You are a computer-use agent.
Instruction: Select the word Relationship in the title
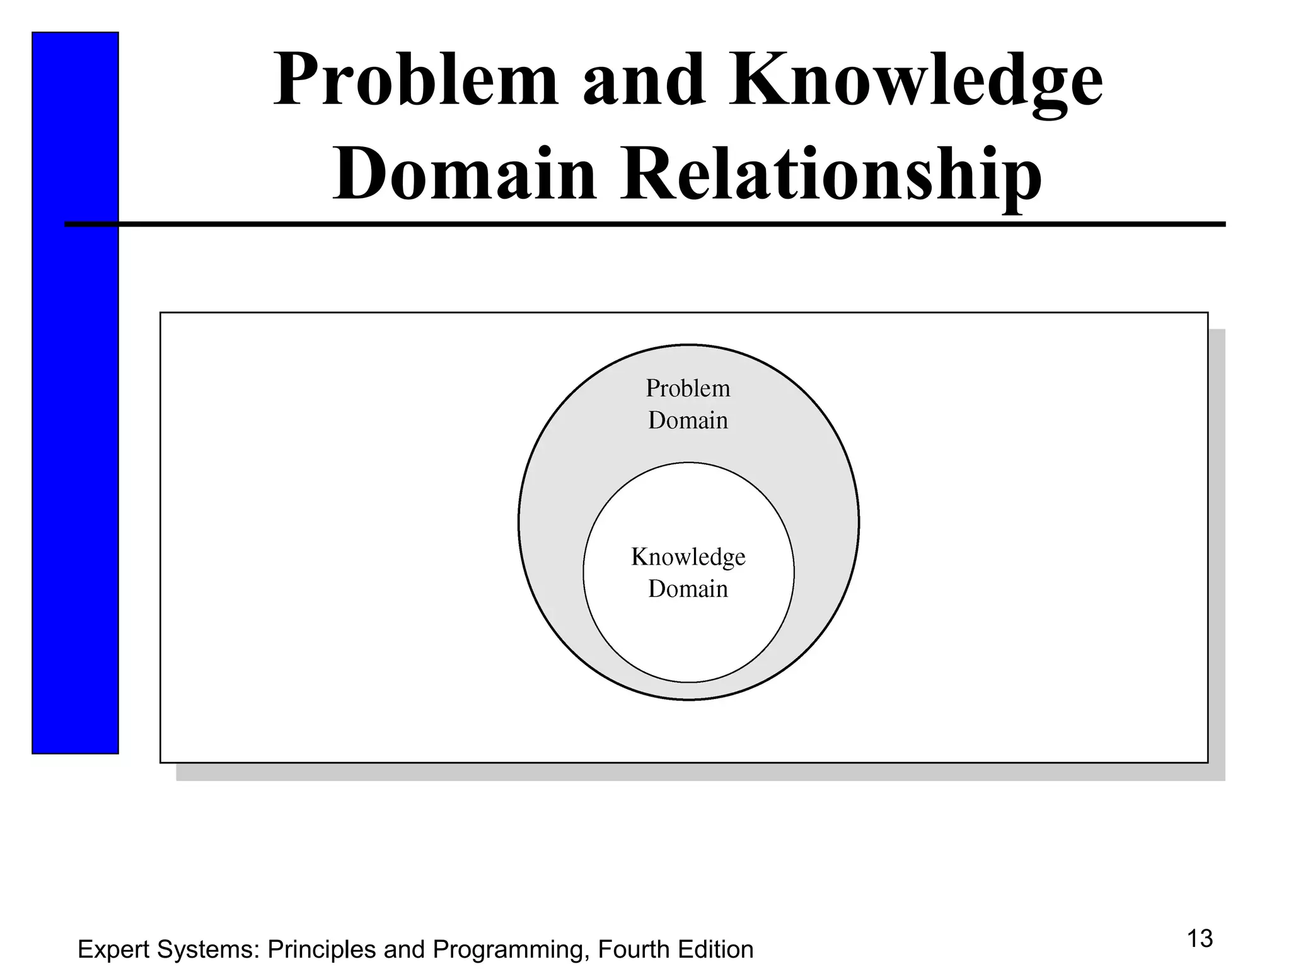[830, 173]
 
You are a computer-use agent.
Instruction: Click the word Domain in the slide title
[465, 173]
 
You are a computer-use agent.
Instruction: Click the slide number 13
[1200, 939]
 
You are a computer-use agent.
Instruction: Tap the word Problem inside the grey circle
[688, 389]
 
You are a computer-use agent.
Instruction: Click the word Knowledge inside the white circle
[688, 557]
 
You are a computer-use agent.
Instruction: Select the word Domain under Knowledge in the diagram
[688, 589]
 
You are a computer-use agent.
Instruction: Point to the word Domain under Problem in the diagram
[688, 421]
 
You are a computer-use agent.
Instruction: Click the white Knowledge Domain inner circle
[688, 637]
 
